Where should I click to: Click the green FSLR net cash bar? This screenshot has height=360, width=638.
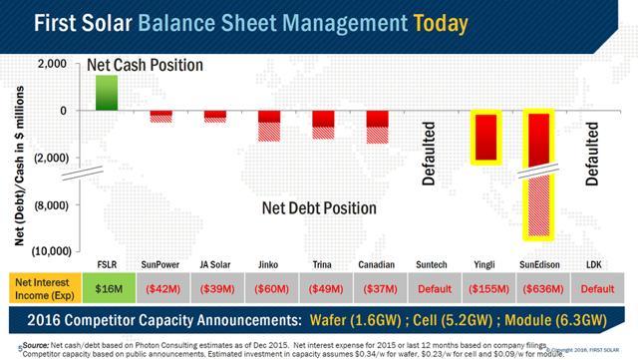[x=107, y=93]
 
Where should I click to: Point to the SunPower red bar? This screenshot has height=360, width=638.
[x=160, y=117]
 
